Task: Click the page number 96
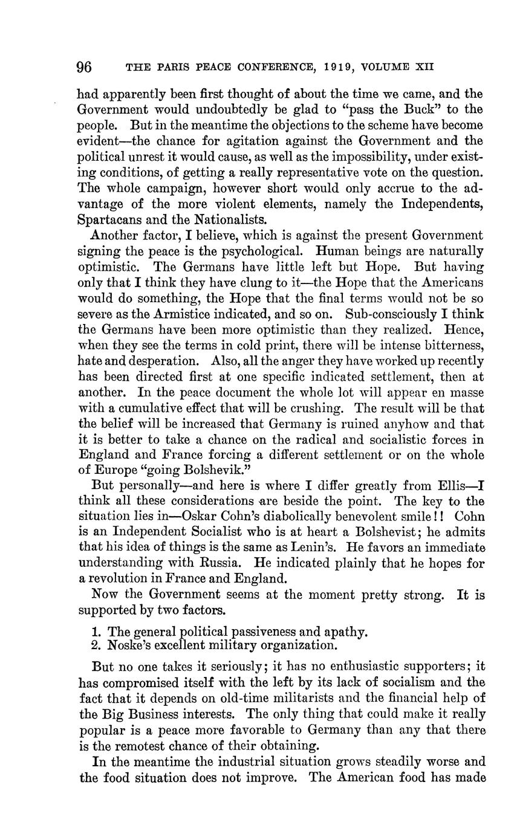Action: pyautogui.click(x=85, y=67)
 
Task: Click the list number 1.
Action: pyautogui.click(x=96, y=632)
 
